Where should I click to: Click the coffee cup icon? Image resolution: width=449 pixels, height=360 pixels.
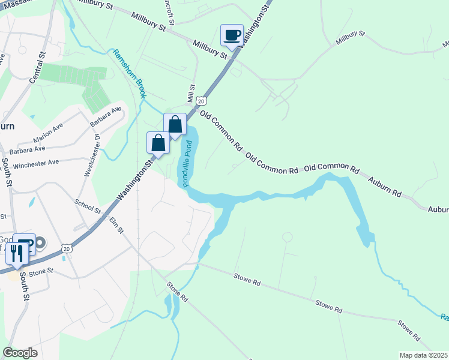(x=232, y=35)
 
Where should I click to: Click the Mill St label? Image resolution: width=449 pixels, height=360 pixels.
(x=191, y=94)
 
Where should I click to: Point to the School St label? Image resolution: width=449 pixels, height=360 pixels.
(x=88, y=207)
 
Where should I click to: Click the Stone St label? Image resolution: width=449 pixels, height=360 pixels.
(x=41, y=272)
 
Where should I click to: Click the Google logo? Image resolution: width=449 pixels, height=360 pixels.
(x=20, y=352)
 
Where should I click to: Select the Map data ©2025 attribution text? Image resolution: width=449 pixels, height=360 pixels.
(x=423, y=355)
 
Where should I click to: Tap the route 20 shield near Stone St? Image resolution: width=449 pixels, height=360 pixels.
(x=66, y=248)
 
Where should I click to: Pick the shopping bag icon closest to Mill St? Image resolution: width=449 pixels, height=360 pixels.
(x=175, y=125)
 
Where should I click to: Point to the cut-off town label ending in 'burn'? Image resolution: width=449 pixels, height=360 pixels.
(x=7, y=127)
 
